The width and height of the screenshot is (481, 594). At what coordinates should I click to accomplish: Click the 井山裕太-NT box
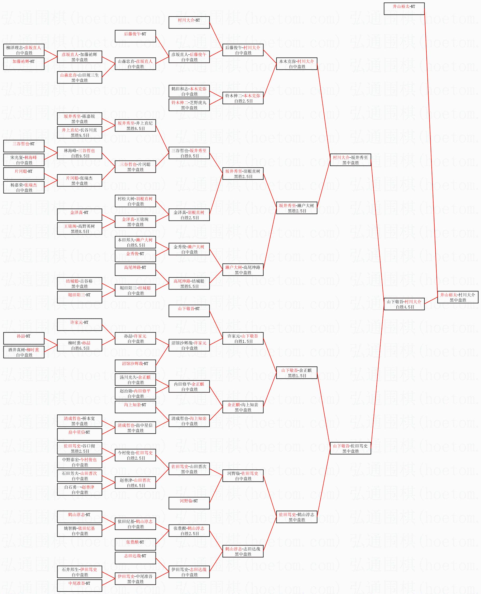404,9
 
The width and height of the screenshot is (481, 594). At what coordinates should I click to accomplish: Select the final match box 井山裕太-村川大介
458,297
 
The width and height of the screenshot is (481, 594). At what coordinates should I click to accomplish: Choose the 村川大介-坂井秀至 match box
350,160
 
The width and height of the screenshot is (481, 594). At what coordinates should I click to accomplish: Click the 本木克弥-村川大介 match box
296,64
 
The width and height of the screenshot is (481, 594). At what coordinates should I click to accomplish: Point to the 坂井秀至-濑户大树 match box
296,208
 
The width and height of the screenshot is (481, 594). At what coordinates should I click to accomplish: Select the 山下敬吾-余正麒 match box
296,373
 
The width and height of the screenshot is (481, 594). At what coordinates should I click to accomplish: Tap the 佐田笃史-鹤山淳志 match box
296,517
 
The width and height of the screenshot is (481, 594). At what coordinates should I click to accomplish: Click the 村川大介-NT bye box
189,22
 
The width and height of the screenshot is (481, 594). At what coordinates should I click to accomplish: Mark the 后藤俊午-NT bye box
135,36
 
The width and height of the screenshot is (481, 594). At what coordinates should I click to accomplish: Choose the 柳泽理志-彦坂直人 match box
24,50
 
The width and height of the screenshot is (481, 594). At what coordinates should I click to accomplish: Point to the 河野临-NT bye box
189,503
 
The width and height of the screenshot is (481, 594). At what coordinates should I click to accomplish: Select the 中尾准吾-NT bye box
80,585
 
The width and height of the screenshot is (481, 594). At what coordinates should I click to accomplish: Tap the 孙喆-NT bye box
24,338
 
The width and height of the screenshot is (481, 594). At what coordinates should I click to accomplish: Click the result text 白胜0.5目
190,156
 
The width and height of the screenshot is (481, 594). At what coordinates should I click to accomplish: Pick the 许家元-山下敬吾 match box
243,338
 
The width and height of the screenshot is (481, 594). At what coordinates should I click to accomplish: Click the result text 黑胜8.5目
80,231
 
